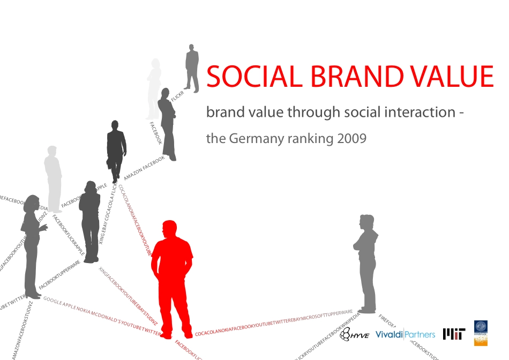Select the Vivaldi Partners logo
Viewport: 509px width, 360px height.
(x=405, y=334)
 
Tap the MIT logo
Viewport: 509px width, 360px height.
(x=454, y=334)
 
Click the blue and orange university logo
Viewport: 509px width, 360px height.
(x=481, y=332)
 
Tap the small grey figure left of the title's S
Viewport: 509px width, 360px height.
(x=191, y=67)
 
